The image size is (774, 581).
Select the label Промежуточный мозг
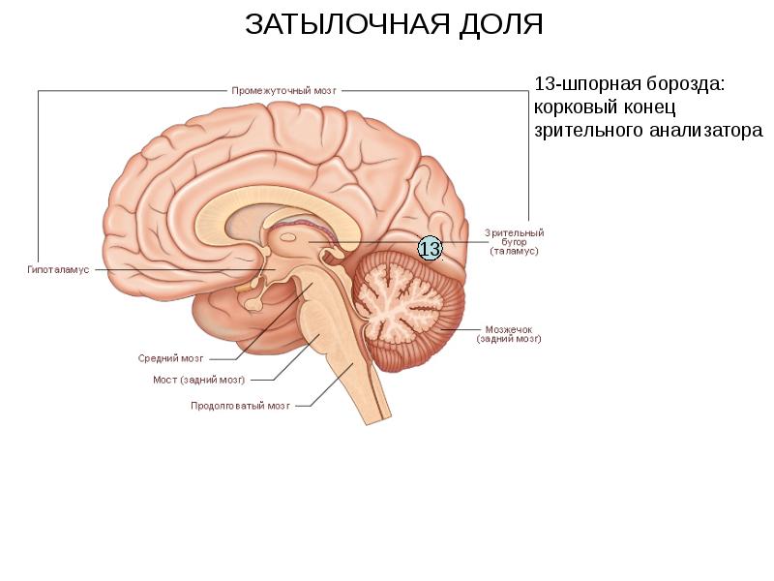point(284,90)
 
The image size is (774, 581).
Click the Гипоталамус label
point(58,269)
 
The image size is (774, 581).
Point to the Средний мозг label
point(170,357)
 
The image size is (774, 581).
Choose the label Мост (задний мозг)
point(199,380)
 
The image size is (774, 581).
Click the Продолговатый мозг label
point(241,406)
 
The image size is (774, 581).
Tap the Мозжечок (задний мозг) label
point(508,334)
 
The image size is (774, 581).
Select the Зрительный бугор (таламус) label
point(514,242)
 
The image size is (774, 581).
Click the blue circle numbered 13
point(430,249)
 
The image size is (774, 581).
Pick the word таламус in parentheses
point(514,252)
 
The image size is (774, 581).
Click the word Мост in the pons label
point(164,380)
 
